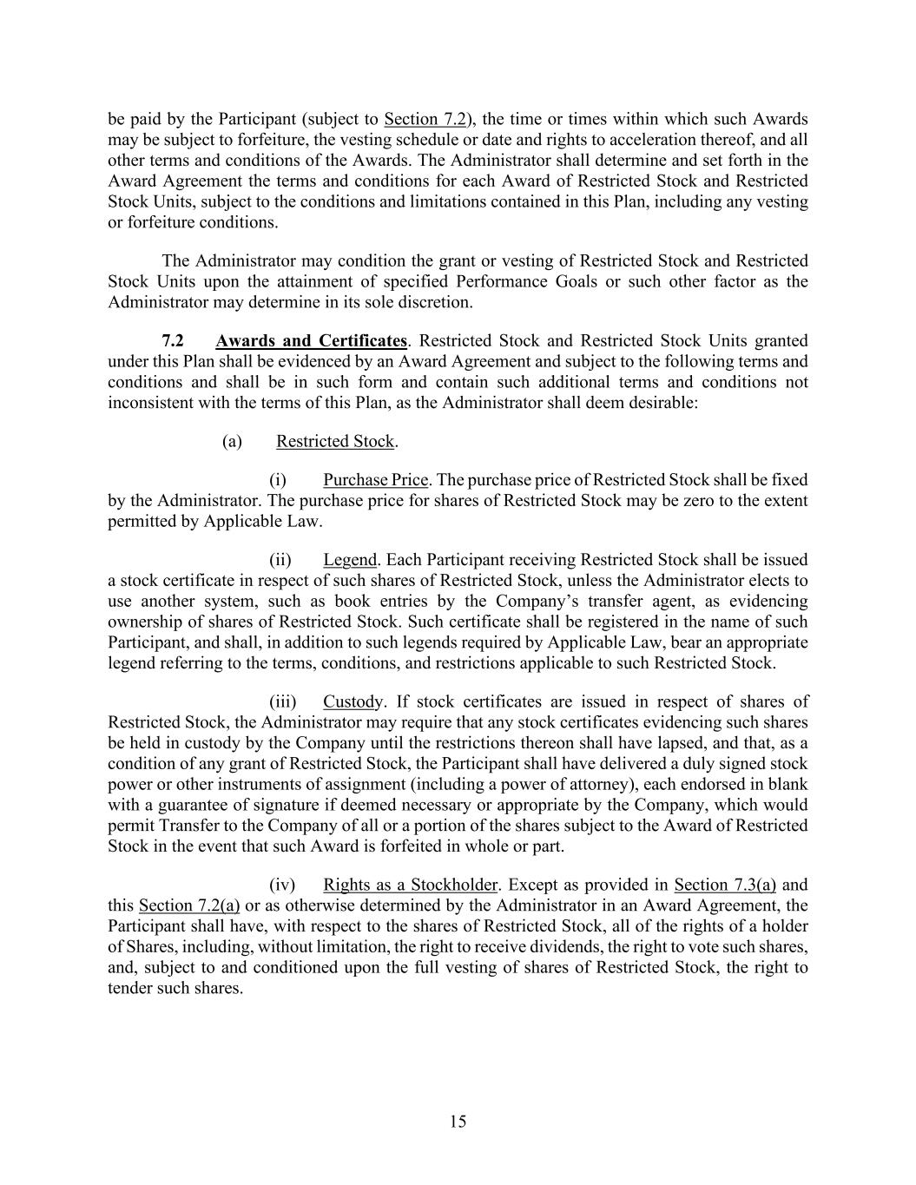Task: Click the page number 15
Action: pyautogui.click(x=458, y=1122)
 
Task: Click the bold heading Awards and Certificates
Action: pyautogui.click(x=311, y=340)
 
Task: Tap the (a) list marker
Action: pyautogui.click(x=232, y=441)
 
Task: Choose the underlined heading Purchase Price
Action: pyautogui.click(x=375, y=480)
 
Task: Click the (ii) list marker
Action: pyautogui.click(x=280, y=560)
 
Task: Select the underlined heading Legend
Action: pyautogui.click(x=349, y=560)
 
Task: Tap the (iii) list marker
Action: pyautogui.click(x=282, y=701)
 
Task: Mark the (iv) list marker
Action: pyautogui.click(x=282, y=885)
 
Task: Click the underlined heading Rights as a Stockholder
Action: pyautogui.click(x=410, y=885)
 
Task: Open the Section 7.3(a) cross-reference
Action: pyautogui.click(x=724, y=885)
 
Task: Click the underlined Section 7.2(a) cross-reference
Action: pyautogui.click(x=189, y=905)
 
